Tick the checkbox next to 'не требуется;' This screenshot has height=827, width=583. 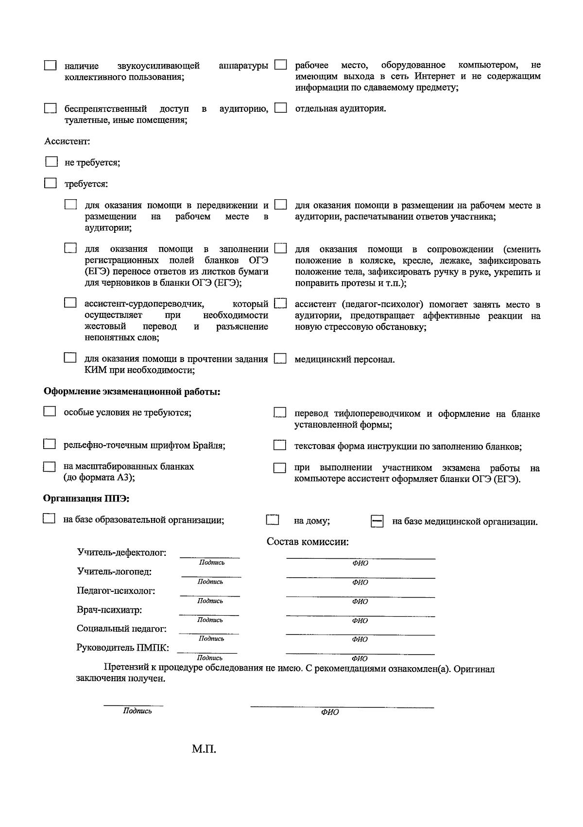coord(51,162)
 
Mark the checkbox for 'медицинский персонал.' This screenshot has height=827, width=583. coord(280,359)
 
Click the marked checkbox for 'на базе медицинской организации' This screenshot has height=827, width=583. coord(377,521)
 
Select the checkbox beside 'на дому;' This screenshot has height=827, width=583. coord(273,520)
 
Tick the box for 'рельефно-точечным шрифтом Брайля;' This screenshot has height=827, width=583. coord(49,444)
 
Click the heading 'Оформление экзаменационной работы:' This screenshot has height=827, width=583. coord(132,392)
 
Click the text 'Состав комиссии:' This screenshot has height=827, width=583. coord(308,542)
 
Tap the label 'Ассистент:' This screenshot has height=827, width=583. coord(68,141)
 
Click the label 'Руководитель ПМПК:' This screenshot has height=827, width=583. coord(123,648)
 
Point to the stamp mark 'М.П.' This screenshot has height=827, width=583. coord(204,749)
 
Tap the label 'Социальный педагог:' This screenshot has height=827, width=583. coord(121,628)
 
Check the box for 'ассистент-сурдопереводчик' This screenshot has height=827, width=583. coord(70,303)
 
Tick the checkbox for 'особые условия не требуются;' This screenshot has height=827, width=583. coord(50,412)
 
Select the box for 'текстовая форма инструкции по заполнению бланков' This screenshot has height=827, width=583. coord(279,445)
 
